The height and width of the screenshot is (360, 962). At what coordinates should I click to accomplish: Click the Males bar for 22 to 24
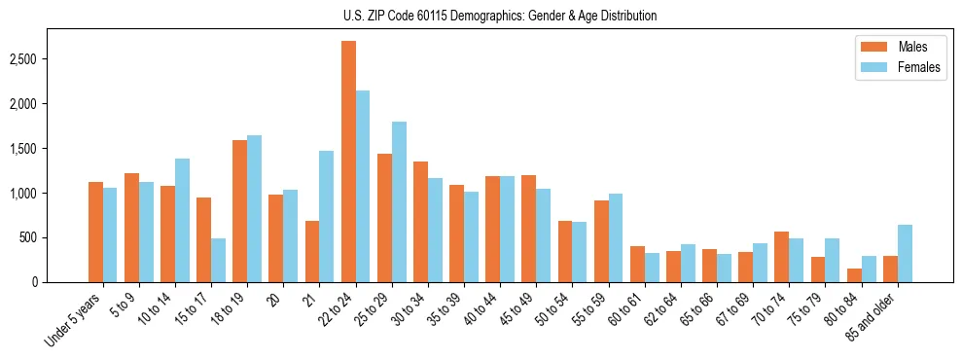point(348,162)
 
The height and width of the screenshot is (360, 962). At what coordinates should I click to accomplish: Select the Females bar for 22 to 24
point(363,186)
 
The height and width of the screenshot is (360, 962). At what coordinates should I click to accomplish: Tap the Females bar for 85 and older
point(905,254)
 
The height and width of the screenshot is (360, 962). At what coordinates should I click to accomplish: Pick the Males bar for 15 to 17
point(203,239)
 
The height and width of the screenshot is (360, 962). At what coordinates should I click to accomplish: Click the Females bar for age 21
point(327,216)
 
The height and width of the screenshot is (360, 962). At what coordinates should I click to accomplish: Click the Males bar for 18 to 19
point(239,211)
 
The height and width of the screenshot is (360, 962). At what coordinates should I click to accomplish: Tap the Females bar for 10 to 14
point(182,220)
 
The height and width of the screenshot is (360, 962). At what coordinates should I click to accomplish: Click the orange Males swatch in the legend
point(870,47)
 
